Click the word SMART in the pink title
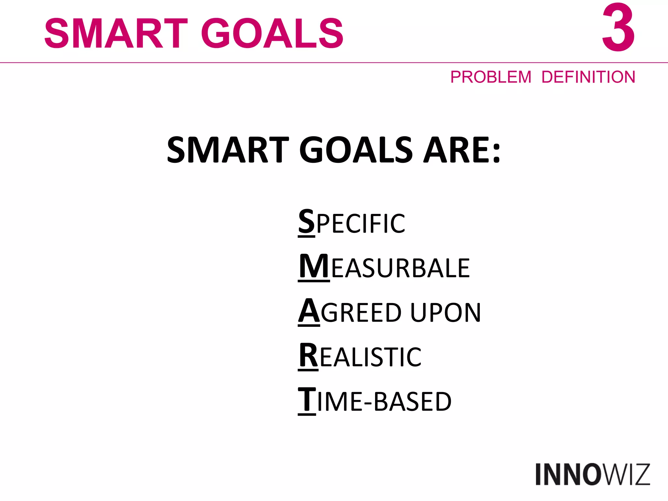click(x=116, y=33)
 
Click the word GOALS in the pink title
click(x=272, y=33)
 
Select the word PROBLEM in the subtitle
click(x=491, y=77)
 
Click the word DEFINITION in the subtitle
click(x=588, y=77)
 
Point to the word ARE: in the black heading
click(x=462, y=150)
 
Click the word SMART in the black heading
click(x=228, y=150)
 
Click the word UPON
click(x=445, y=312)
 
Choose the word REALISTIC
click(x=360, y=357)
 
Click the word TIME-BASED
click(x=375, y=401)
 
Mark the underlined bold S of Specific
click(x=307, y=222)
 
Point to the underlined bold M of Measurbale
click(x=314, y=266)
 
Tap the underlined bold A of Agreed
click(x=309, y=311)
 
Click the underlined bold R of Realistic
click(x=308, y=356)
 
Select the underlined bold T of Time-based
click(x=307, y=400)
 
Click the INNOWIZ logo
click(x=592, y=475)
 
